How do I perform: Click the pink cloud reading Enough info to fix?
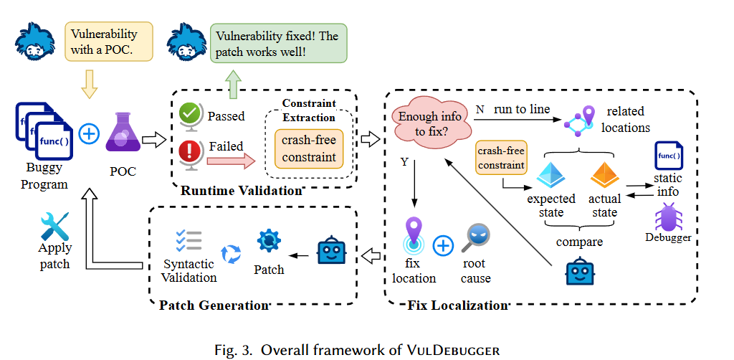coord(429,123)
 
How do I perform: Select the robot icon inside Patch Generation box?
coord(330,251)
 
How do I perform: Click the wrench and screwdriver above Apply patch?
coord(54,226)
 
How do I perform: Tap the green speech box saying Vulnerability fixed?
coord(278,44)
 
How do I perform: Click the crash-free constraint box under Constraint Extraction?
coord(308,148)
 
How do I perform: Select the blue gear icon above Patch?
coord(269,240)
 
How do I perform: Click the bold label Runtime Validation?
coord(241,191)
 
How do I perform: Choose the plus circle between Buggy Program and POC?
coord(89,133)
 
